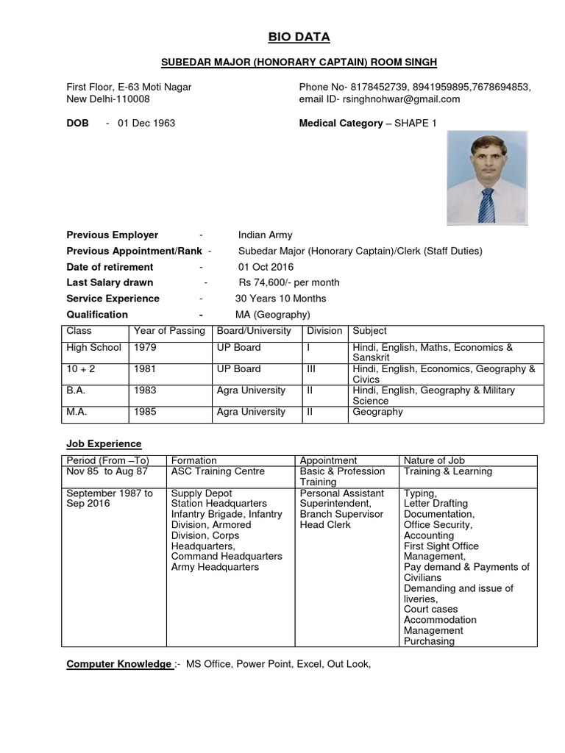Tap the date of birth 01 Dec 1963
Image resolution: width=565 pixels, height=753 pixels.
146,123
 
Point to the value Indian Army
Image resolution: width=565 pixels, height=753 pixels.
265,235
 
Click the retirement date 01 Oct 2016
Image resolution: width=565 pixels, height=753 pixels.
266,267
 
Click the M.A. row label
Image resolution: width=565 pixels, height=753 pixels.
77,412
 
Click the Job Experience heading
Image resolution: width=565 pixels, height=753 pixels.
104,444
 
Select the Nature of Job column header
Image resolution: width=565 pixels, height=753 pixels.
433,460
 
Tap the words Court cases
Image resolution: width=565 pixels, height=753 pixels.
430,609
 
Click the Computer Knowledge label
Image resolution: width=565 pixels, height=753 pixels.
118,664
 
